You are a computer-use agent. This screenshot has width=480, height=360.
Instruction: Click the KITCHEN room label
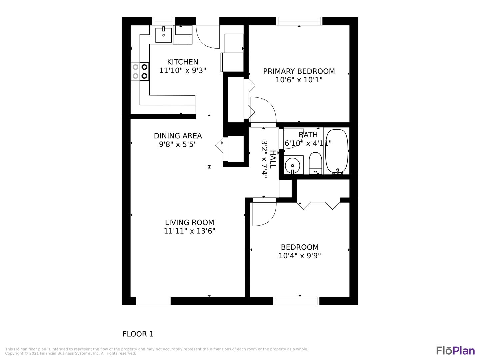[183, 62]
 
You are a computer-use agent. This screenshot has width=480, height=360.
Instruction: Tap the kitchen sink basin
[164, 35]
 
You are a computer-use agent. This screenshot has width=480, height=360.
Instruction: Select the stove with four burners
[140, 71]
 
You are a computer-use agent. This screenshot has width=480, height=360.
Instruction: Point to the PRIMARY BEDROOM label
[299, 71]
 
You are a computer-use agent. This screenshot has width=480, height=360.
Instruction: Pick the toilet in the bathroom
[315, 163]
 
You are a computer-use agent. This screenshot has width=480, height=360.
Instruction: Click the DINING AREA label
[178, 136]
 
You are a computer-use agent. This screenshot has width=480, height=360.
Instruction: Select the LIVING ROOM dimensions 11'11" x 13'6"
[190, 231]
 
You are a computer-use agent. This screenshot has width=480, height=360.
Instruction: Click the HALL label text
[273, 159]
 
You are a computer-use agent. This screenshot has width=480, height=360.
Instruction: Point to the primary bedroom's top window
[299, 21]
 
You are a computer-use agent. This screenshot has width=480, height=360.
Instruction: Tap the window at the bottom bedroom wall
[296, 301]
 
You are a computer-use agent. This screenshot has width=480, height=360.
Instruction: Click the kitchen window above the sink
[164, 21]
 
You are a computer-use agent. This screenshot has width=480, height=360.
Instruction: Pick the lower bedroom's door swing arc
[271, 219]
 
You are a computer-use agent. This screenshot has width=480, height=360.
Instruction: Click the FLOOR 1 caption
[138, 334]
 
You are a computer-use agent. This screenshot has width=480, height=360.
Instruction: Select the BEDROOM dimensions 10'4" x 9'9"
[300, 256]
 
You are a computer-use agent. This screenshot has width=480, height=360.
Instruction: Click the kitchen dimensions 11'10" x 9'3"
[183, 71]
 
